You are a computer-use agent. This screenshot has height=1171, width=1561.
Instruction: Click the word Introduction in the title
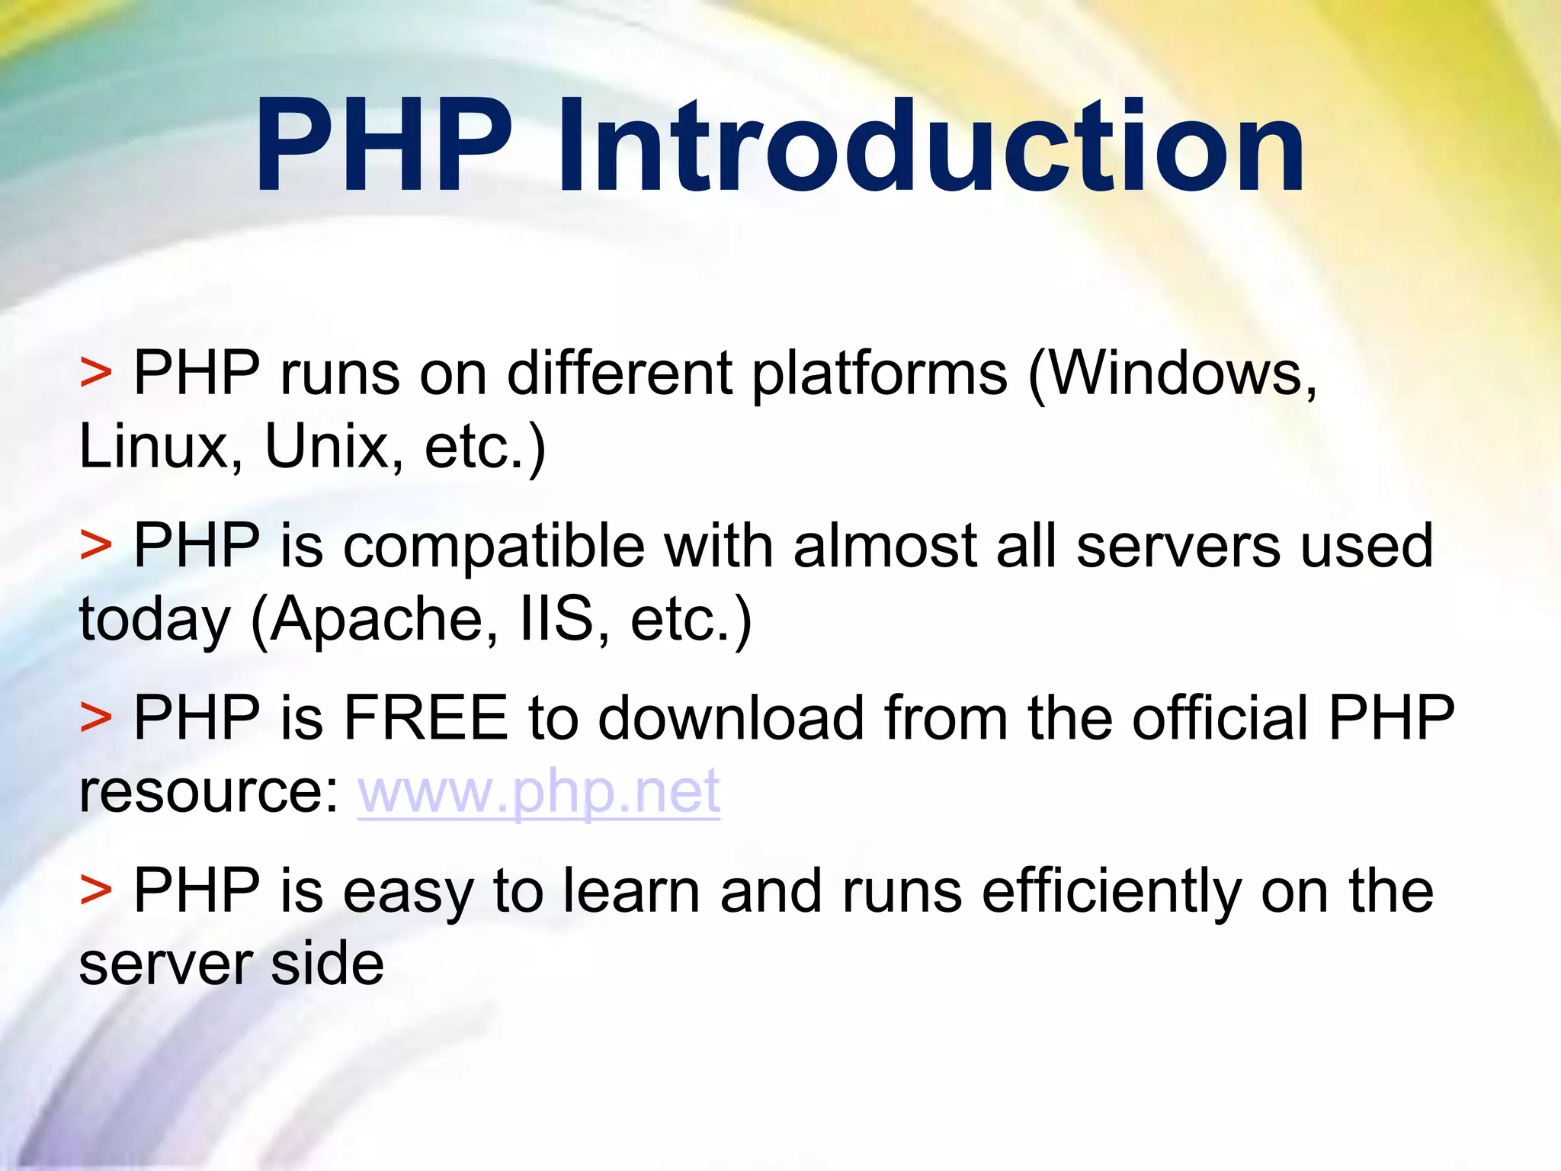pos(931,146)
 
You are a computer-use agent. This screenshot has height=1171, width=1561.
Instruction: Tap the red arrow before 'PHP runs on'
pos(96,374)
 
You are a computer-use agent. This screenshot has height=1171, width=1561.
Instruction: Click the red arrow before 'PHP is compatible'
pos(96,547)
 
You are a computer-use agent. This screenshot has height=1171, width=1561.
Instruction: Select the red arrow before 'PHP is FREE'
pos(96,718)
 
